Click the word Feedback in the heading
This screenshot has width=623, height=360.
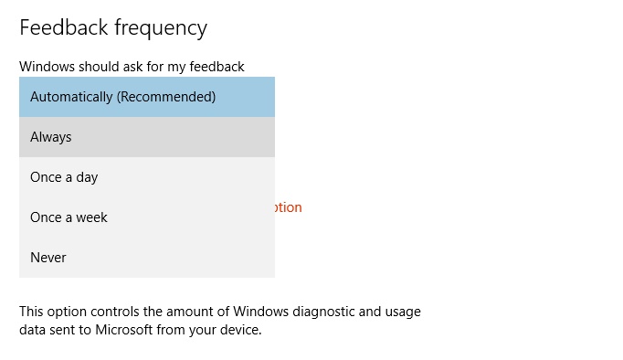[x=62, y=27]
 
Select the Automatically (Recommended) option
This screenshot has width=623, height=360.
[x=122, y=97]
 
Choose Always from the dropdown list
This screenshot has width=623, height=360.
[x=51, y=137]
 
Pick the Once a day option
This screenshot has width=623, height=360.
[x=64, y=177]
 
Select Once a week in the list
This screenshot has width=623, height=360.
[x=69, y=217]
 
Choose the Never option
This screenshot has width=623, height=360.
[x=48, y=258]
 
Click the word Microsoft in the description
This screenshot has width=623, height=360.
[x=124, y=329]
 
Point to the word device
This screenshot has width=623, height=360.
[x=240, y=329]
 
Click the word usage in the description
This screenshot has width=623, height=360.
[x=403, y=312]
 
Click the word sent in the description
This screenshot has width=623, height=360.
[x=67, y=329]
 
